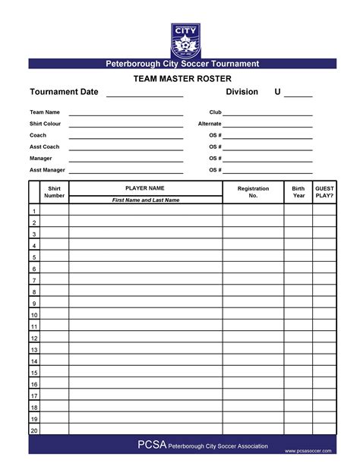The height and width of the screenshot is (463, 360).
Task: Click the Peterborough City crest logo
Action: coord(186,39)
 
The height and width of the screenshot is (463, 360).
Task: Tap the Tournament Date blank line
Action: coord(144,96)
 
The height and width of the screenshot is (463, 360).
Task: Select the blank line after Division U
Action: coord(298,96)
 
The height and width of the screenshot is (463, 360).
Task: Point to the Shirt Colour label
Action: coord(46,124)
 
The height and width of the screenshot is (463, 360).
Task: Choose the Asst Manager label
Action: coord(47,170)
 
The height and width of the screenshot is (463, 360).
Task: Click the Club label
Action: coord(215,112)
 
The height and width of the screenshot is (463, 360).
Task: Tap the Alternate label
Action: coord(210,124)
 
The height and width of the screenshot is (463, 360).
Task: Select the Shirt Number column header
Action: coord(54,192)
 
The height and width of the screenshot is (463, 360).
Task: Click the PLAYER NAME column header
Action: coord(145,187)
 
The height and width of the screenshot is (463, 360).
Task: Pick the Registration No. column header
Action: coord(253,192)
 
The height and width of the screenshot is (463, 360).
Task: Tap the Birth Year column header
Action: coord(298,192)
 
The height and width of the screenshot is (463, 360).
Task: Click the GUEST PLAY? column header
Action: coord(324,192)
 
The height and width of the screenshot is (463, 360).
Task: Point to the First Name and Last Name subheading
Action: coord(145,200)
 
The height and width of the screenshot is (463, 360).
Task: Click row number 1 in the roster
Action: coord(34,211)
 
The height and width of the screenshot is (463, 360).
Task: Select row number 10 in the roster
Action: coord(34,315)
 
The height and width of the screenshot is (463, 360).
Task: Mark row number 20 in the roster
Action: coord(34,430)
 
